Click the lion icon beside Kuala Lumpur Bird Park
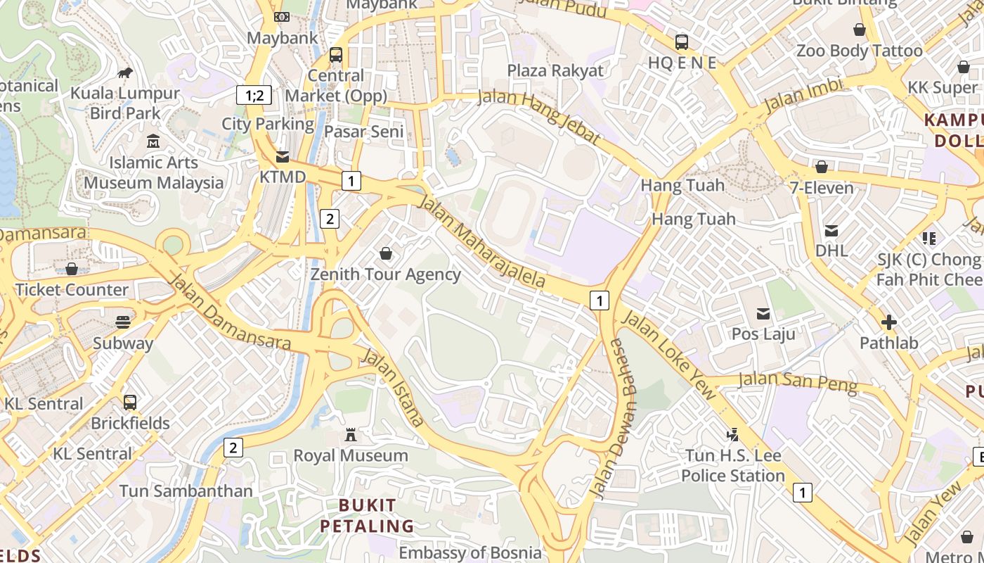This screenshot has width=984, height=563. tap(125, 72)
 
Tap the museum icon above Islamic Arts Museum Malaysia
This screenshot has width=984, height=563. tap(153, 141)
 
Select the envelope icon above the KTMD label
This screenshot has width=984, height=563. tap(282, 156)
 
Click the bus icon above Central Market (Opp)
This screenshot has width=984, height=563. tap(336, 54)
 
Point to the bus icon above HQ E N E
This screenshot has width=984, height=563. tap(682, 42)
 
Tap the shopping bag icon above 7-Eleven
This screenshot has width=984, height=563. tap(821, 167)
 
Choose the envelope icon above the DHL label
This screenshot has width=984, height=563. tap(831, 230)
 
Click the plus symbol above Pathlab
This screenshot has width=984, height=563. tap(888, 322)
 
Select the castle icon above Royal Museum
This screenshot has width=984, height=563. tap(351, 435)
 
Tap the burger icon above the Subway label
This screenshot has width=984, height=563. tap(123, 322)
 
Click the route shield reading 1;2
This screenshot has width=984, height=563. tap(254, 95)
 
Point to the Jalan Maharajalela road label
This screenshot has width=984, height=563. tap(481, 241)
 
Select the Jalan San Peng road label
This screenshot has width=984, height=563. tap(798, 382)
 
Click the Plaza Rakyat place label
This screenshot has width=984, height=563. tap(555, 70)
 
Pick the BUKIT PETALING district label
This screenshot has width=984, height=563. tap(367, 515)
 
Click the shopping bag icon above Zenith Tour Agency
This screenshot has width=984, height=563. tap(385, 253)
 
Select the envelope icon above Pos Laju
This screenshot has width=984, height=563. tap(763, 313)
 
